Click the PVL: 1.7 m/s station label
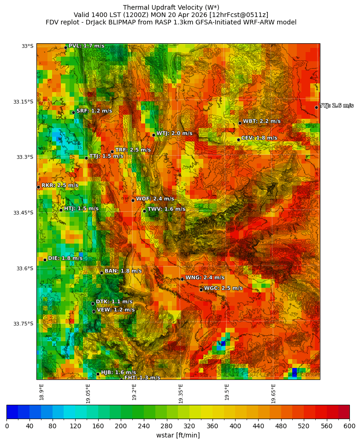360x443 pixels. coord(86,46)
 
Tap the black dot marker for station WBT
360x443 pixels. coord(240,123)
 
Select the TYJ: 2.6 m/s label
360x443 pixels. coord(336,106)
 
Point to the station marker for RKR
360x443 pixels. coord(38,187)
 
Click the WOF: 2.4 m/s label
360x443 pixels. coord(155,199)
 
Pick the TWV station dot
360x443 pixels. coord(144,211)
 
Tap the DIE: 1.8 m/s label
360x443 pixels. coord(65,258)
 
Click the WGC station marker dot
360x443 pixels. coord(201,290)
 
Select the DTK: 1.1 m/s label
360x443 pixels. coord(114,302)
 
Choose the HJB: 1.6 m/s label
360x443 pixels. coord(118,373)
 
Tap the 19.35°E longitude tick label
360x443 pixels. coord(181,393)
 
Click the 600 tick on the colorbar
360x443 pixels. coord(349,426)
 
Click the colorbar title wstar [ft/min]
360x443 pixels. coord(178,435)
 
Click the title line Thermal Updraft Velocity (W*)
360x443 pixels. coord(171,7)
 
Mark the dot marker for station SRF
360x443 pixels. coord(73,112)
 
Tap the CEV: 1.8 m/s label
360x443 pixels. coord(259,138)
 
